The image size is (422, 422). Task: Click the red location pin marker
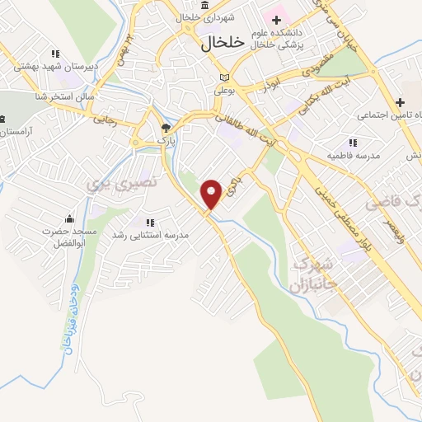(x=212, y=194)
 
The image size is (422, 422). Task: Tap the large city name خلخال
(x=223, y=45)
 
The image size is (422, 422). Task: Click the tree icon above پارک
(x=166, y=128)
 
